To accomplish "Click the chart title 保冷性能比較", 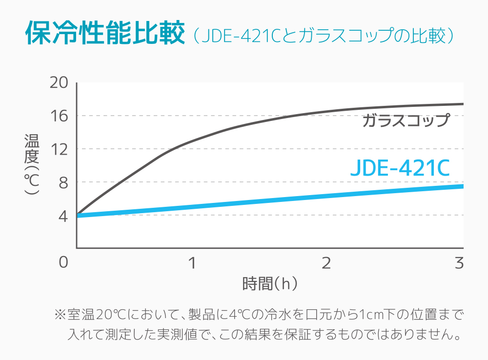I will point(105,34).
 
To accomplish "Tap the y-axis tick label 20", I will point(59,83).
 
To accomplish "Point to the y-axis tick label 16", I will point(59,116).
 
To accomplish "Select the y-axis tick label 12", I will point(59,149).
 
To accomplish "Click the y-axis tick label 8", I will point(63,182).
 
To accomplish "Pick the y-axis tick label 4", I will point(63,216).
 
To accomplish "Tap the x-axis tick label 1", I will point(192,263).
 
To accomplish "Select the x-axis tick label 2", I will point(326,263).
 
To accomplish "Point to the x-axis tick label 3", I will point(458,263).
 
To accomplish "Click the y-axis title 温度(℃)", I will point(32,164).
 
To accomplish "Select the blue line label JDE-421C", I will point(400,168).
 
